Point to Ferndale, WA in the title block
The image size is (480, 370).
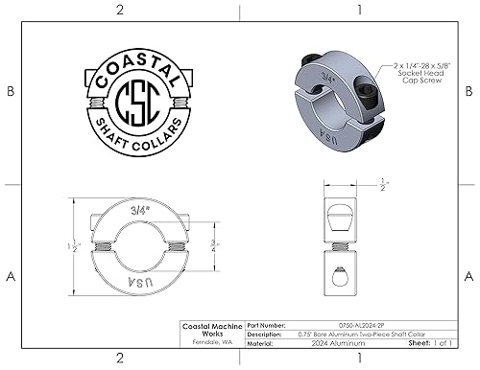pyautogui.click(x=211, y=340)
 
